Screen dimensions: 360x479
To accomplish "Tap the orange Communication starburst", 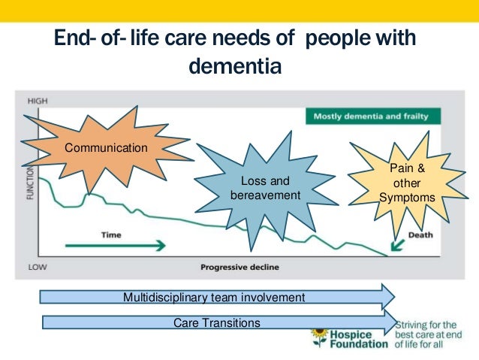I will (105, 148).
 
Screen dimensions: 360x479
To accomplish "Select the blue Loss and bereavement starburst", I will (265, 188).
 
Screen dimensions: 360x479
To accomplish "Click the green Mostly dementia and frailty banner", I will (372, 116).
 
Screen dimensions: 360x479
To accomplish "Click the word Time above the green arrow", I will (111, 234).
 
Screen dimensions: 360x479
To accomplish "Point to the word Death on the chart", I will (420, 234).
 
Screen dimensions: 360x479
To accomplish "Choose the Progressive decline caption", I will (241, 267).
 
